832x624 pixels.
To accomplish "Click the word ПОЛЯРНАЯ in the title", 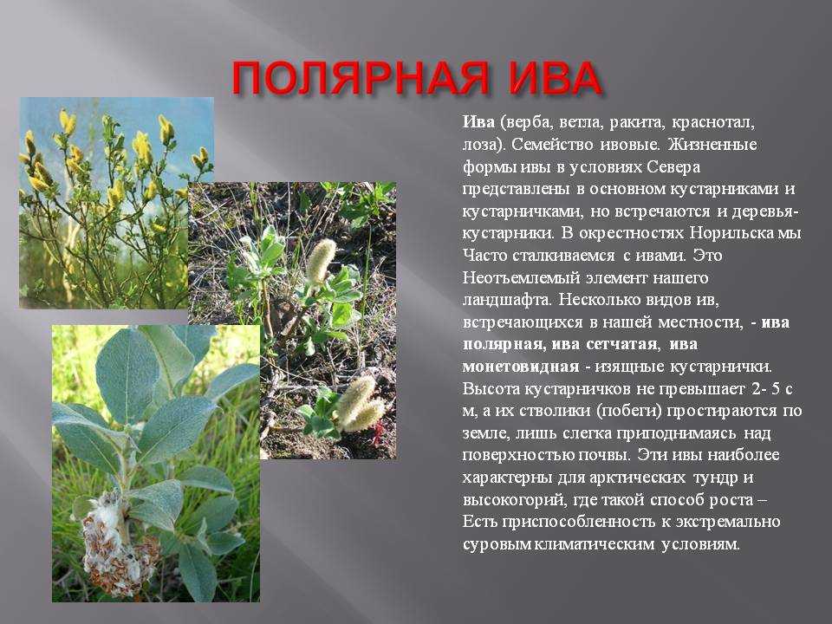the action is click(359, 79).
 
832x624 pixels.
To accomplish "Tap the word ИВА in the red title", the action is click(554, 79).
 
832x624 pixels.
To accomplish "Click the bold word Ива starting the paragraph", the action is click(478, 122).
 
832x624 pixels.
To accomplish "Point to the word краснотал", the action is click(712, 123).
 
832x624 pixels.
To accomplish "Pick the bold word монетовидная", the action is click(520, 367).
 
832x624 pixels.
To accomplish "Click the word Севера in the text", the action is click(674, 167).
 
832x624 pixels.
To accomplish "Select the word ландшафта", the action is click(505, 301).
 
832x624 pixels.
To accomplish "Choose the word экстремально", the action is click(728, 522).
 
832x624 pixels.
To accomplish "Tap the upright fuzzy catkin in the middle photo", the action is click(321, 261).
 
